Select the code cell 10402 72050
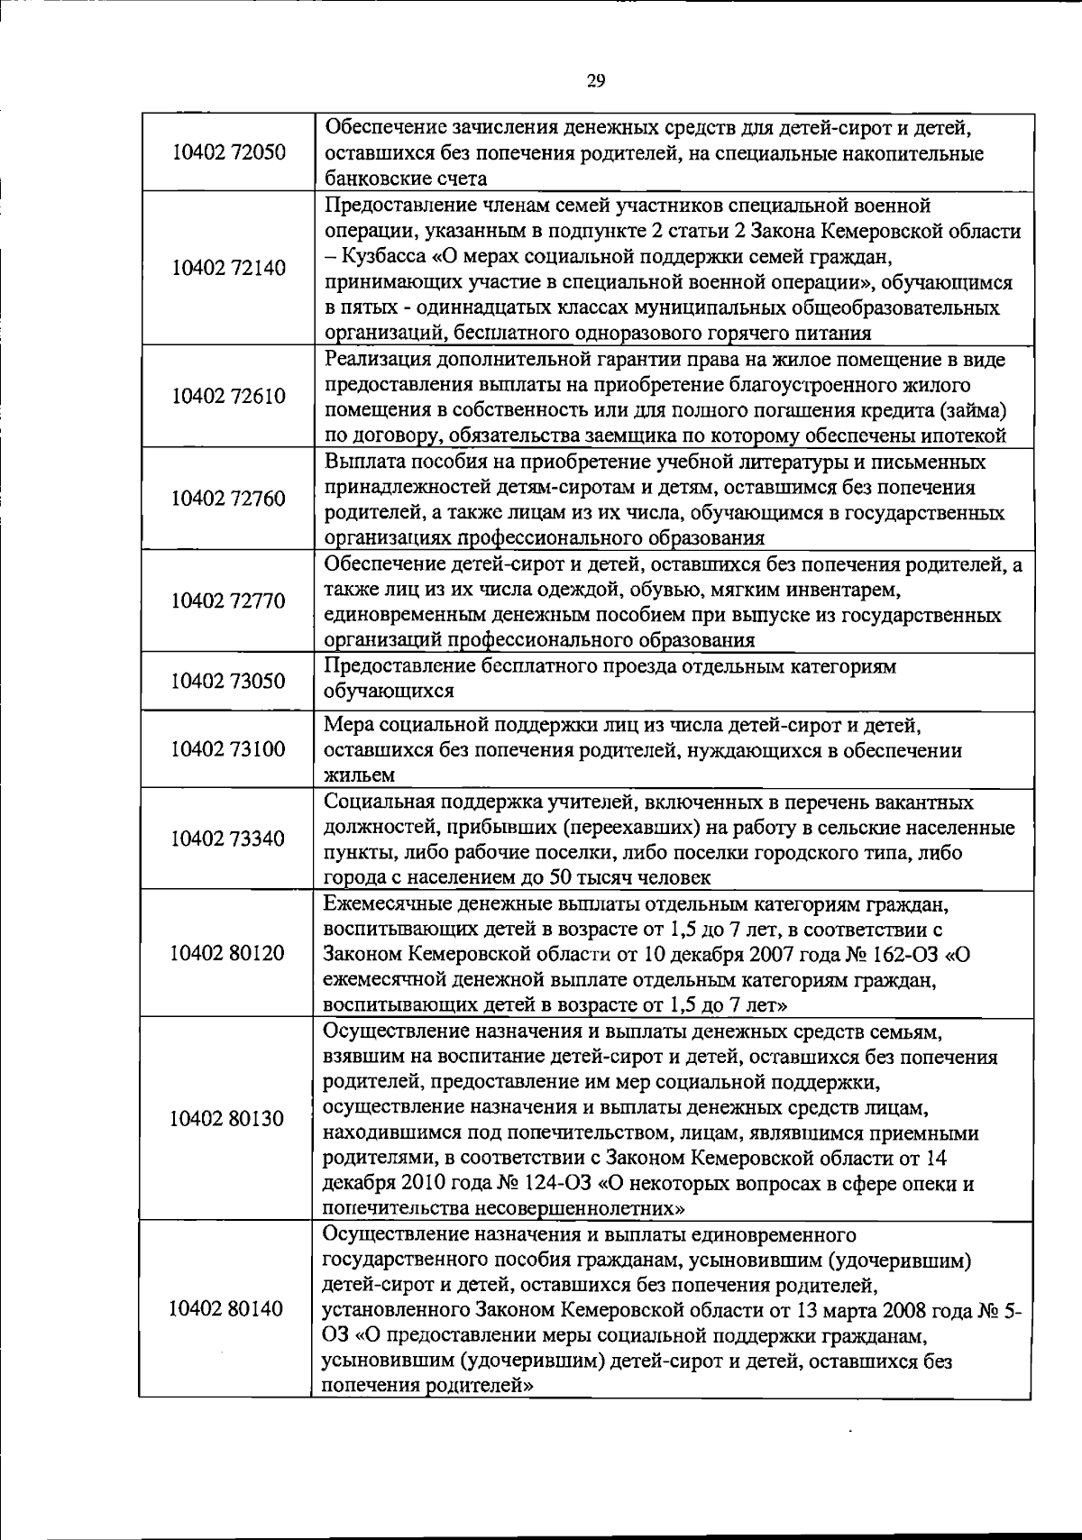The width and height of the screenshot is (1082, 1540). point(228,152)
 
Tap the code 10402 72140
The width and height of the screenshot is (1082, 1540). point(228,268)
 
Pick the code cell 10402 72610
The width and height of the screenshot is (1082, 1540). point(228,397)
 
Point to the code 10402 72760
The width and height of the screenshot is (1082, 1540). point(228,499)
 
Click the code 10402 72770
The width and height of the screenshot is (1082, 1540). point(228,600)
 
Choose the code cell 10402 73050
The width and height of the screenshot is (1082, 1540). point(228,680)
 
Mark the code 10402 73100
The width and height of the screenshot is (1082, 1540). point(228,749)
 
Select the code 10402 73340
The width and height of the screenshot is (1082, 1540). point(228,839)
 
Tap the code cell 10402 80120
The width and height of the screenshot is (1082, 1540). point(228,953)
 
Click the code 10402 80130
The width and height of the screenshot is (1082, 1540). point(228,1119)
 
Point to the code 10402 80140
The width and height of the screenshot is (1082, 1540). point(228,1309)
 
